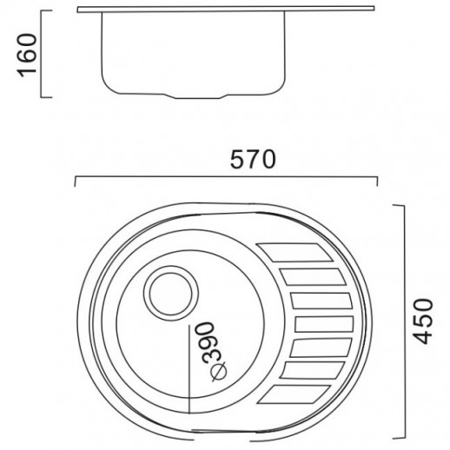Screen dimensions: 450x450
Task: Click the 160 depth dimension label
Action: (x=28, y=56)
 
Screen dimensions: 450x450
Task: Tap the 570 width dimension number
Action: (x=253, y=160)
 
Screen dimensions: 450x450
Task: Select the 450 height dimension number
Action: (x=423, y=321)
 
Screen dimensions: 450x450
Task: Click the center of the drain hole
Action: (x=171, y=294)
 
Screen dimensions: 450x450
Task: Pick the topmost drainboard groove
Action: (x=294, y=253)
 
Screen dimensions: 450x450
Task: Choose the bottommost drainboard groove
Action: (x=294, y=394)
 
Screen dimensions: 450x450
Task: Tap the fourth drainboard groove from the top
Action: (x=324, y=324)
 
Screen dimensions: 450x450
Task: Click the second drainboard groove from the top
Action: (x=313, y=277)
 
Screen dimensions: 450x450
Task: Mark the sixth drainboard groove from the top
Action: (x=312, y=370)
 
